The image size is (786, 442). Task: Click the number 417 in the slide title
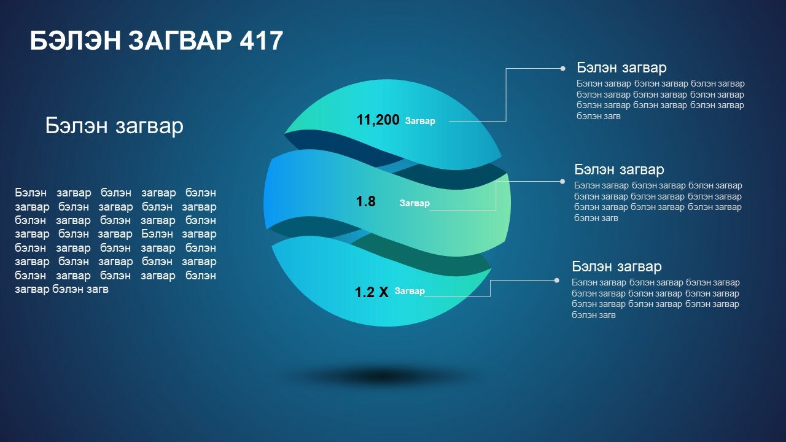pyautogui.click(x=262, y=41)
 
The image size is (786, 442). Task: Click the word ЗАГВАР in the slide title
pyautogui.click(x=180, y=41)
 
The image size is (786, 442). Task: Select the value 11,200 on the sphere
pyautogui.click(x=378, y=120)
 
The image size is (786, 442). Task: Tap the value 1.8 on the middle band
pyautogui.click(x=365, y=201)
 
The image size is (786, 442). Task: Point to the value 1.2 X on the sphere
pyautogui.click(x=372, y=292)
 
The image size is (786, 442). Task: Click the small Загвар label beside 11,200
pyautogui.click(x=420, y=121)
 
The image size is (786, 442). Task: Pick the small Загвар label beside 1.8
pyautogui.click(x=414, y=203)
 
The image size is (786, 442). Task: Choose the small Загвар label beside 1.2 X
pyautogui.click(x=410, y=291)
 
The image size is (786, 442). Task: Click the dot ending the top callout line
pyautogui.click(x=563, y=69)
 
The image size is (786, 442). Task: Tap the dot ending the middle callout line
pyautogui.click(x=562, y=181)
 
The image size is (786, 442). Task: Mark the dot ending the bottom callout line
pyautogui.click(x=556, y=281)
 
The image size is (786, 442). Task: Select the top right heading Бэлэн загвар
pyautogui.click(x=621, y=68)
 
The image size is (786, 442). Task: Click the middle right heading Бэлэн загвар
pyautogui.click(x=619, y=170)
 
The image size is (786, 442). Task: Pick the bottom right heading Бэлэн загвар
pyautogui.click(x=617, y=266)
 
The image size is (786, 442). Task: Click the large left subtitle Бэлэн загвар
pyautogui.click(x=114, y=126)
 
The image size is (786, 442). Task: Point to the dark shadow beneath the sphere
pyautogui.click(x=383, y=377)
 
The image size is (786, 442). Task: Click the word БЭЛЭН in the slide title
pyautogui.click(x=76, y=41)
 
